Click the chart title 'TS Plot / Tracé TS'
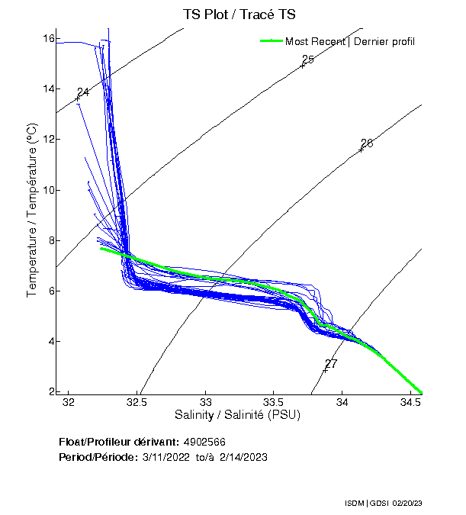239,14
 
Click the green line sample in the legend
271,41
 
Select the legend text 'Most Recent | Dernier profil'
350,41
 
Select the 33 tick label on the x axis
206,402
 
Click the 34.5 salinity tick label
411,402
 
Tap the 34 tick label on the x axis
342,402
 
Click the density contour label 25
308,60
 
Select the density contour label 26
367,143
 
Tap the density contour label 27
331,363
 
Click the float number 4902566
204,442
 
